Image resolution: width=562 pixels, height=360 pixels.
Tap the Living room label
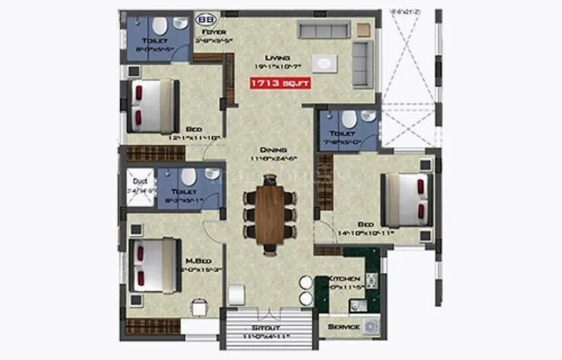point(273,58)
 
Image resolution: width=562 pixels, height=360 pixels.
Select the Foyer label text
point(213,32)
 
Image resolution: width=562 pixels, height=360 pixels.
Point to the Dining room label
point(272,150)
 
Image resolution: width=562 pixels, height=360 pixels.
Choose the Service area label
point(344,327)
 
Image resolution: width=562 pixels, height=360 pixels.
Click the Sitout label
point(266,328)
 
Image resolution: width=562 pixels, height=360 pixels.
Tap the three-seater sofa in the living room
point(323,30)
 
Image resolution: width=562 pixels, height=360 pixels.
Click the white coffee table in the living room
point(325,63)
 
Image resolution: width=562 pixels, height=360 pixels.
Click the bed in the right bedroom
point(406,200)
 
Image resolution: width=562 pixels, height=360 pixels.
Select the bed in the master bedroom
point(152,265)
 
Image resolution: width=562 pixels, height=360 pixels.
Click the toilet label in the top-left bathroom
point(155,41)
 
